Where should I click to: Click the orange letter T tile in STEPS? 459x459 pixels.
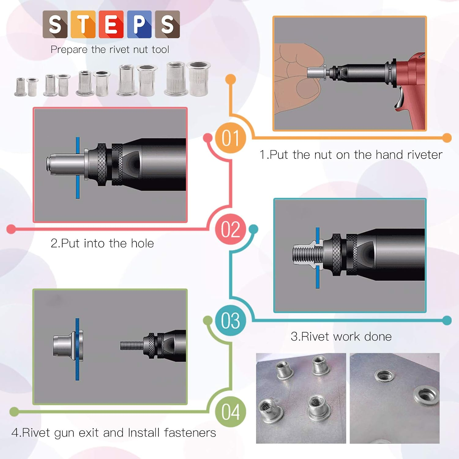click(x=83, y=24)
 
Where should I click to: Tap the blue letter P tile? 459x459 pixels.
click(x=139, y=24)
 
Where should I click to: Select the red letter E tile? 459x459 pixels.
click(x=111, y=24)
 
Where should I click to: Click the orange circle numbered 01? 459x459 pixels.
click(x=230, y=138)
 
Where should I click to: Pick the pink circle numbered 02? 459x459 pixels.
click(x=230, y=229)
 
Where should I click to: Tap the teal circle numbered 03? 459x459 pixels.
click(x=230, y=320)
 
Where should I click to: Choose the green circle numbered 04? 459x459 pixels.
click(x=230, y=412)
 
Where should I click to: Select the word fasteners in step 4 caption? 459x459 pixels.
click(x=190, y=433)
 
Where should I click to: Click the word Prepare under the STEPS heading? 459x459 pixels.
click(x=69, y=50)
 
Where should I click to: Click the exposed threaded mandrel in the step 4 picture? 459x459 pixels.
click(x=131, y=346)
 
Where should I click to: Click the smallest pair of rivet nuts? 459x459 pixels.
click(x=27, y=87)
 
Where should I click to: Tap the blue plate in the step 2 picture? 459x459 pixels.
click(x=78, y=190)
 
